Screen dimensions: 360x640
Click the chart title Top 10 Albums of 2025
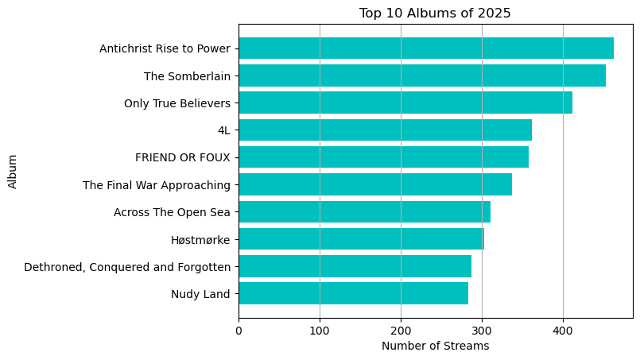pos(435,13)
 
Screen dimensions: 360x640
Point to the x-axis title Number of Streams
pos(435,346)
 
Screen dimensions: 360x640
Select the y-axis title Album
pos(13,171)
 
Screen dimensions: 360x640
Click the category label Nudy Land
pos(200,294)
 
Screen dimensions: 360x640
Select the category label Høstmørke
pos(200,239)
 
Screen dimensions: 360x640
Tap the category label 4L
pos(223,130)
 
